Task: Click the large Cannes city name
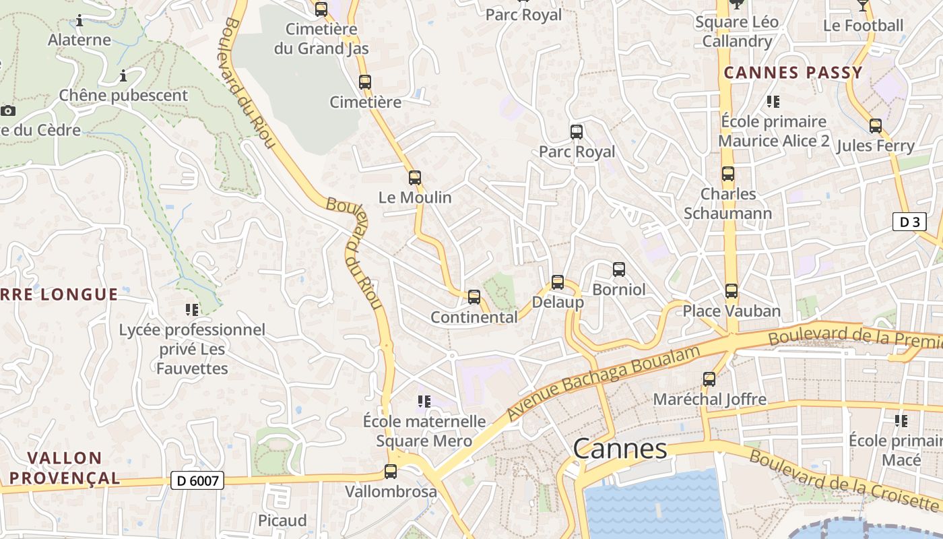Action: point(620,449)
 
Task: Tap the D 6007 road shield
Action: point(197,480)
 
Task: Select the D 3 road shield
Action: point(909,222)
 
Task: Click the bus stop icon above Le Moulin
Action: point(415,178)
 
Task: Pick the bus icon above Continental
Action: point(474,296)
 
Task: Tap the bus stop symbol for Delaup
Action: point(558,282)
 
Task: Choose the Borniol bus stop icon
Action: point(619,269)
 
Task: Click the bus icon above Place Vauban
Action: point(731,291)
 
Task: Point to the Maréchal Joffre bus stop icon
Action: point(709,379)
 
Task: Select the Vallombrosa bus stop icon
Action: point(391,472)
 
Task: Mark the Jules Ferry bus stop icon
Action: point(876,126)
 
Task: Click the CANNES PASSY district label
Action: point(793,73)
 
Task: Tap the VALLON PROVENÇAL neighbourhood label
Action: point(65,468)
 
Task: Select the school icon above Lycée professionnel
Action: point(192,310)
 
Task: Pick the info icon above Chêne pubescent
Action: point(123,75)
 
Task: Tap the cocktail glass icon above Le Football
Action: point(863,6)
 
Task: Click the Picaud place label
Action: point(282,520)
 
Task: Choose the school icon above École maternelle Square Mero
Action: point(424,402)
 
